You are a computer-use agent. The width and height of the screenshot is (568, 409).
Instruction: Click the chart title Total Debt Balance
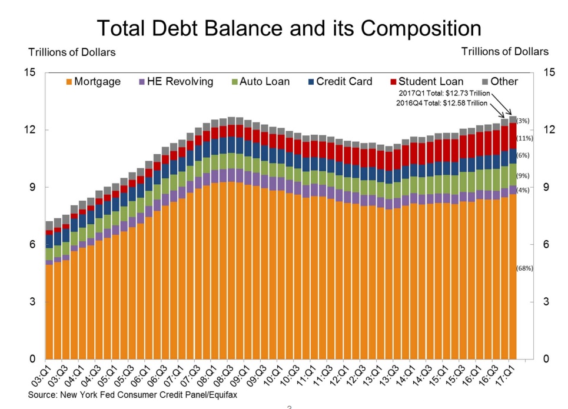[x=288, y=28]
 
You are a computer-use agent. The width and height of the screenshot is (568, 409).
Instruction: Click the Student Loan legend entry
[x=427, y=82]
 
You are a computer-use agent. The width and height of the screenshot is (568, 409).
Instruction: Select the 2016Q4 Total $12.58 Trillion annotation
[x=442, y=103]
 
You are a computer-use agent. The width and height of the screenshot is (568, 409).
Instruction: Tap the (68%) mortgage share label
[x=524, y=268]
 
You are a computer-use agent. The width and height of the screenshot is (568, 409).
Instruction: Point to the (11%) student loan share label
[x=524, y=139]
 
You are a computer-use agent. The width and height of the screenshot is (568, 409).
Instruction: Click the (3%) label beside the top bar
[x=523, y=121]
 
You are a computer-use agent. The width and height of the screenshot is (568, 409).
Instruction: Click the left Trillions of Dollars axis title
[x=72, y=52]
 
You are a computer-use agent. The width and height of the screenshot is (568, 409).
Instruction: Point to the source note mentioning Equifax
[x=133, y=395]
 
